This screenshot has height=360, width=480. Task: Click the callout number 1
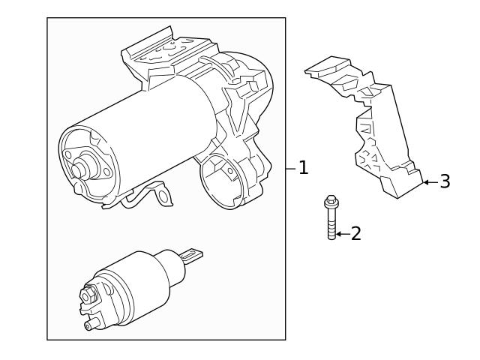[303, 168]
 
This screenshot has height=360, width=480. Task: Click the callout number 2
[355, 234]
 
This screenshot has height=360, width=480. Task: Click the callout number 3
[445, 181]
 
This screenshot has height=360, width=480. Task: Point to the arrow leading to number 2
[341, 234]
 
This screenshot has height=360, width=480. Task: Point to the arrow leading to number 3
[429, 181]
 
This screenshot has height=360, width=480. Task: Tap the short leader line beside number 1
[291, 168]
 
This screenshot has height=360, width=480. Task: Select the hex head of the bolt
[330, 202]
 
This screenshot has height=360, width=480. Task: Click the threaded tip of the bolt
[331, 235]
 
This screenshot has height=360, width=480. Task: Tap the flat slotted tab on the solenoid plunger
[193, 256]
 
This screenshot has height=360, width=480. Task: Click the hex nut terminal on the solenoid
[89, 296]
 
